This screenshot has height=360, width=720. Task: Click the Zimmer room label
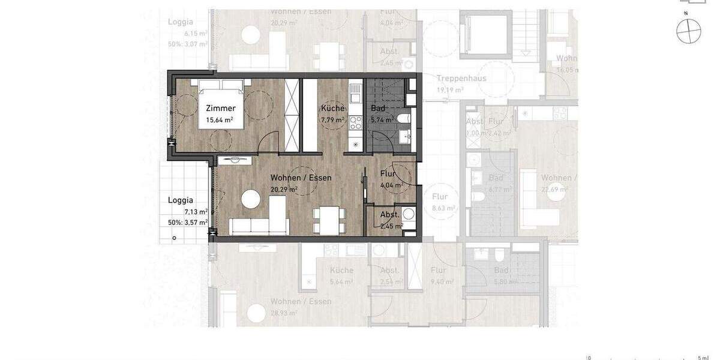(220, 109)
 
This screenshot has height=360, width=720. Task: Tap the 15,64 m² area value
(220, 120)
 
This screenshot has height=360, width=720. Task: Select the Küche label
(332, 109)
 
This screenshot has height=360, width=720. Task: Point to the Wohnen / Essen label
(301, 178)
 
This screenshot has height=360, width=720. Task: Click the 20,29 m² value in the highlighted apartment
(284, 189)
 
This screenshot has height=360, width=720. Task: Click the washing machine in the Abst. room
(409, 214)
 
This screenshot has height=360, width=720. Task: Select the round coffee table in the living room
(251, 198)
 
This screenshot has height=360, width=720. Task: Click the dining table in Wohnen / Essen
(329, 220)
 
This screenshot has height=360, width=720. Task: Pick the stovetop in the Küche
(355, 122)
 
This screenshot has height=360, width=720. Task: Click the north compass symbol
(688, 30)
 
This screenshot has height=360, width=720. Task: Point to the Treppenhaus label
(461, 79)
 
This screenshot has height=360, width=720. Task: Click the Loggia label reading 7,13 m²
(180, 200)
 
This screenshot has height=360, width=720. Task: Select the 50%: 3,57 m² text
(188, 222)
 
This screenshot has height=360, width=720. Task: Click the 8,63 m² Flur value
(443, 208)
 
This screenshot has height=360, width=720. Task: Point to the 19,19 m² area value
(450, 90)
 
